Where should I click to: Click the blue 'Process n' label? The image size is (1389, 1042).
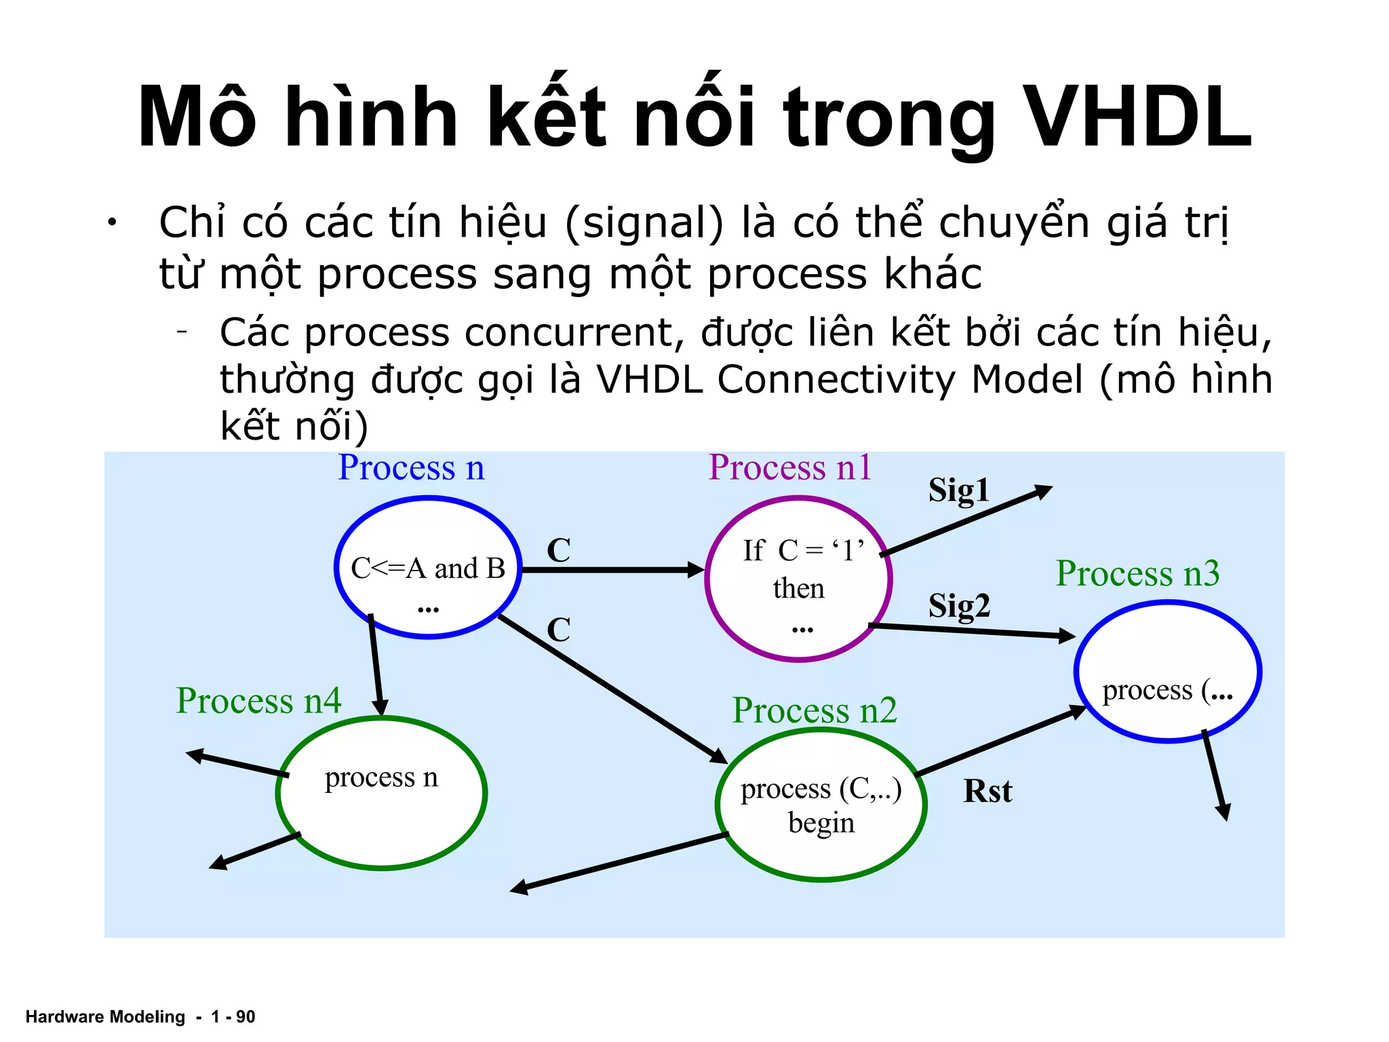[x=411, y=468]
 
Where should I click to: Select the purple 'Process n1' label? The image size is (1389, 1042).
[x=790, y=468]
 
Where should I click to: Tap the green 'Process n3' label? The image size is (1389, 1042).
[x=1137, y=574]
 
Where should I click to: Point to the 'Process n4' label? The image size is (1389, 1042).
[x=258, y=701]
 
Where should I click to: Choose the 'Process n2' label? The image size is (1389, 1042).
[x=815, y=711]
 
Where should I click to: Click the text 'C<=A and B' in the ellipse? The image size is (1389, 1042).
[x=428, y=568]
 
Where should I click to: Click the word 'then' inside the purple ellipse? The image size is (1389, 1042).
[x=799, y=589]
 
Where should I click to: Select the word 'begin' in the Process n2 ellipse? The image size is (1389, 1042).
[x=821, y=824]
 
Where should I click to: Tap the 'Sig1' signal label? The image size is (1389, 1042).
[x=958, y=490]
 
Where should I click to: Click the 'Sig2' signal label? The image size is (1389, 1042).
[x=959, y=606]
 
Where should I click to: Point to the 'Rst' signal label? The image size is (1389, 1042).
[x=987, y=792]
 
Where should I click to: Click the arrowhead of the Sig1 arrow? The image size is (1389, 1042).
[x=1044, y=490]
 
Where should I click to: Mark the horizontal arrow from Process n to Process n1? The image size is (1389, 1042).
[x=610, y=570]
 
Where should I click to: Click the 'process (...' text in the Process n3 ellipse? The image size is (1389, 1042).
[x=1167, y=691]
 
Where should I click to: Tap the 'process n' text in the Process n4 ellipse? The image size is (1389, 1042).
[x=381, y=778]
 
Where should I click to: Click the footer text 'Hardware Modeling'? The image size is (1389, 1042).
[x=105, y=1017]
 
